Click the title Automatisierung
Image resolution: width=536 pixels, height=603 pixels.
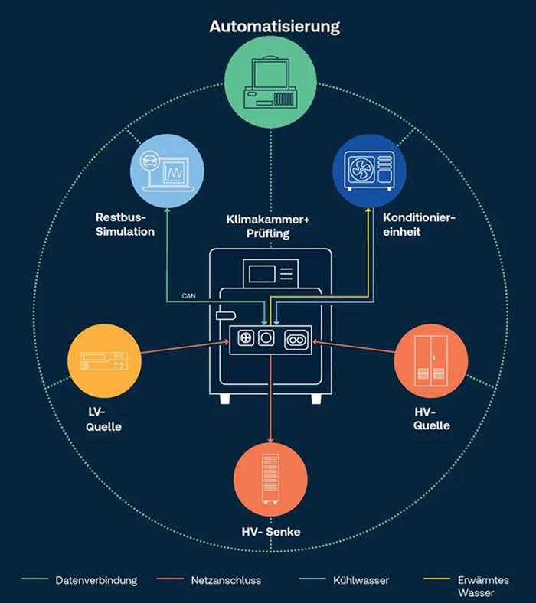274,28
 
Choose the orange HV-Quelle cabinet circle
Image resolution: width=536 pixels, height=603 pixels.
429,360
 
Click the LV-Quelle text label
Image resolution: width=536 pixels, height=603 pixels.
104,419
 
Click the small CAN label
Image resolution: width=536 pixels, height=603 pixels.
189,294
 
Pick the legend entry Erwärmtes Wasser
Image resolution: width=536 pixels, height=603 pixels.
485,585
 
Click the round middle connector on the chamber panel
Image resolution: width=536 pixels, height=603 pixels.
267,340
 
